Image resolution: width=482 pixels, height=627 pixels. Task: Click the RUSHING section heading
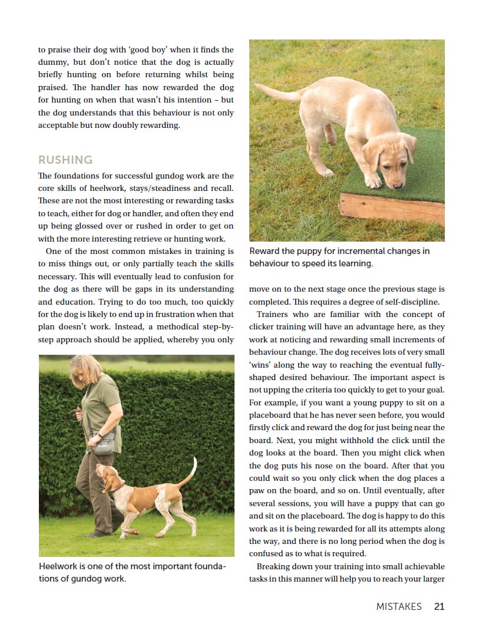point(65,160)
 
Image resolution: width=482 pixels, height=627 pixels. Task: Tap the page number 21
point(439,606)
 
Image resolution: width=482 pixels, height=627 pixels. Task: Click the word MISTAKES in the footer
point(399,606)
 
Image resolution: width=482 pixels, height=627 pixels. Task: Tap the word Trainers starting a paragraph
point(276,315)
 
